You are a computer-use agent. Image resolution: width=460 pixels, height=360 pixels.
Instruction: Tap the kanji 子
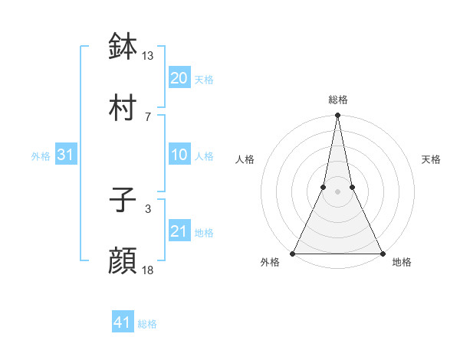(x=123, y=201)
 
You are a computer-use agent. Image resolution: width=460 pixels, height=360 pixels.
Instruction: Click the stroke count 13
(x=148, y=56)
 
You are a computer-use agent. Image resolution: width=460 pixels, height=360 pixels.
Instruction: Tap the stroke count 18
(x=148, y=270)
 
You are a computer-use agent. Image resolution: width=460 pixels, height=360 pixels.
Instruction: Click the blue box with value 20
(x=179, y=78)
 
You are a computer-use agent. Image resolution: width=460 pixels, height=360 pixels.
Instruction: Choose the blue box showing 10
(x=179, y=155)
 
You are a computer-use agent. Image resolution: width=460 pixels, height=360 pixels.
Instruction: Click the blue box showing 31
(x=66, y=155)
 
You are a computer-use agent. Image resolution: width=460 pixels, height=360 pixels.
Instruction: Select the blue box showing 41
(x=123, y=323)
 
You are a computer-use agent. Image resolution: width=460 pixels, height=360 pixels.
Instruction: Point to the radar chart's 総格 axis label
(x=338, y=100)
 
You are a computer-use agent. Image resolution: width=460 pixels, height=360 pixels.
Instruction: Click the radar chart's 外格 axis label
(x=270, y=263)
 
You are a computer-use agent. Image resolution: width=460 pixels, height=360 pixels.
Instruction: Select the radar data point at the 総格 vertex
(x=337, y=116)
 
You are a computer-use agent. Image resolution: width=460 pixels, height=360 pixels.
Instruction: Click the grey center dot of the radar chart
(x=337, y=192)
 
